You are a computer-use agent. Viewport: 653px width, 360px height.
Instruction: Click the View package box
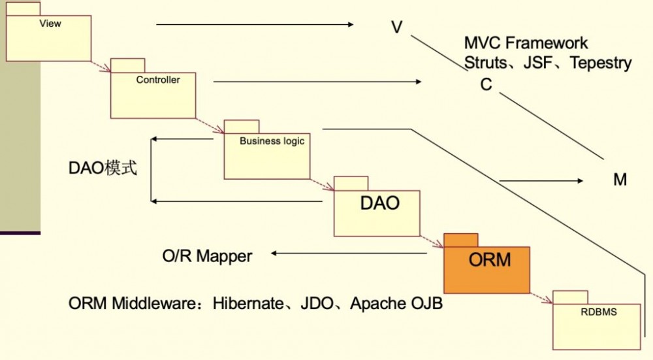(x=48, y=38)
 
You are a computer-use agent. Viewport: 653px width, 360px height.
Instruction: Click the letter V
(x=396, y=27)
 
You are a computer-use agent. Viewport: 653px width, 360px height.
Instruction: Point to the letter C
(x=486, y=85)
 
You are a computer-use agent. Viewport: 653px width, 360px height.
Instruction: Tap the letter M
(x=620, y=180)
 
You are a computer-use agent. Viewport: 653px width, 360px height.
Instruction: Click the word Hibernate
(x=251, y=304)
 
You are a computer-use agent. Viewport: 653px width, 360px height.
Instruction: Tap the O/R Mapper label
(x=207, y=256)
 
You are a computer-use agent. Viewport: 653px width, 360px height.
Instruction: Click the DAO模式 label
(x=103, y=169)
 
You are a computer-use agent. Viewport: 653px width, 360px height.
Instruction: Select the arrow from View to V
(x=255, y=25)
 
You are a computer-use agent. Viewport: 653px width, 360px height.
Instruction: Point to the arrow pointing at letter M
(x=542, y=181)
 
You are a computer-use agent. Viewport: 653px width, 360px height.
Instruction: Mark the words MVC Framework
(x=526, y=43)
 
